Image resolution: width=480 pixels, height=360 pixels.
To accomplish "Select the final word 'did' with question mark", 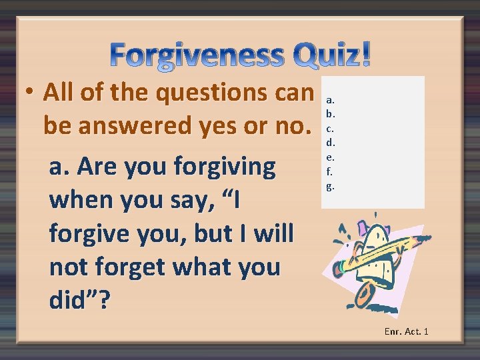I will coord(81,301).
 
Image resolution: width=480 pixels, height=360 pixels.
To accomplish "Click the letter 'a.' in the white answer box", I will coord(330,99).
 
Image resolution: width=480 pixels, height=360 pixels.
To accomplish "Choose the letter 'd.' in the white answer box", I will coord(330,142).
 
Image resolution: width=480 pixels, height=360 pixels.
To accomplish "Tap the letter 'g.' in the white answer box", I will coord(330,185).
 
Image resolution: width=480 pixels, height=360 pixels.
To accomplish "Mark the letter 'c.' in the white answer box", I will coord(329,128).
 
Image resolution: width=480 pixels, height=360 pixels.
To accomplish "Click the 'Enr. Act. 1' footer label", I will coord(406,331).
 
